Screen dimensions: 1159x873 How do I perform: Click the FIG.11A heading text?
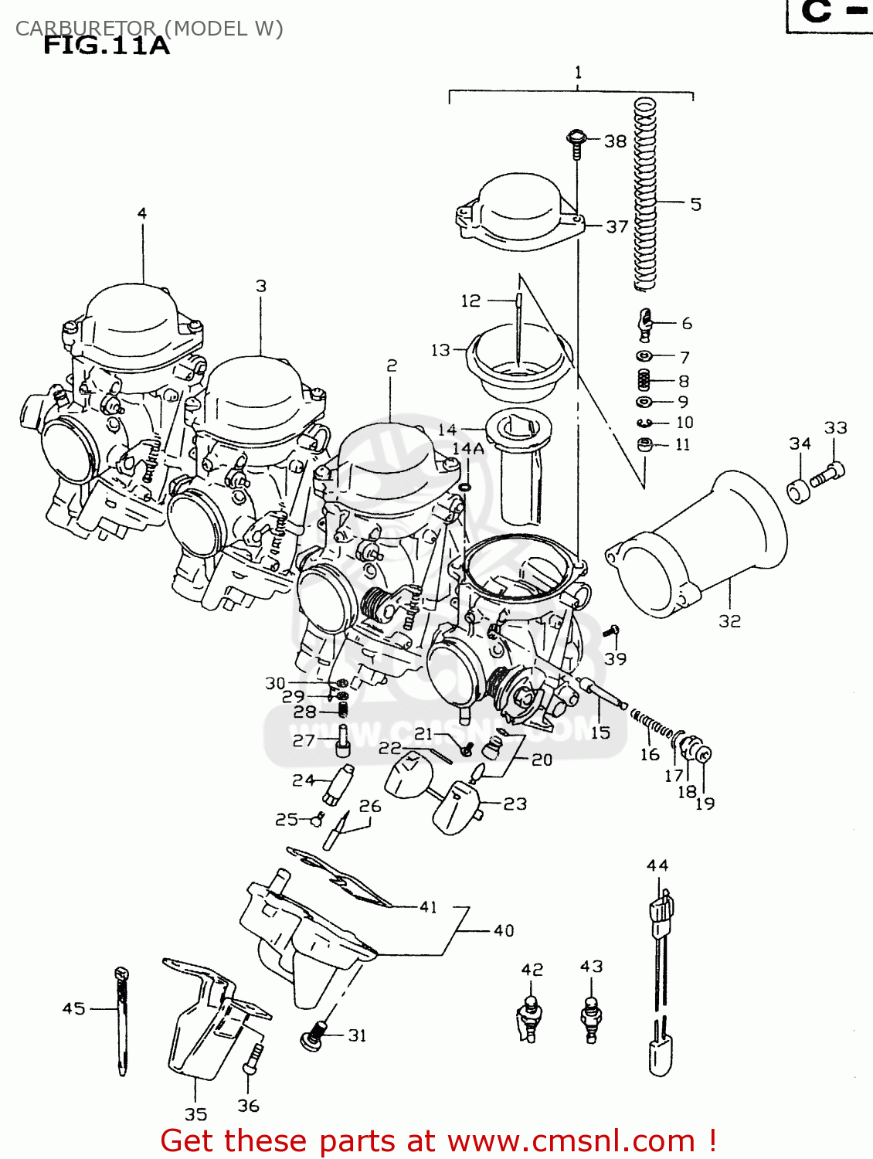[106, 46]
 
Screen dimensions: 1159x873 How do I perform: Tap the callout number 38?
[615, 141]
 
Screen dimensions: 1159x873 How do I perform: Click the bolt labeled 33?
[828, 474]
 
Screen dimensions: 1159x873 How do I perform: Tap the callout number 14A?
[467, 449]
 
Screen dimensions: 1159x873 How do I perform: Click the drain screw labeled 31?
[313, 1036]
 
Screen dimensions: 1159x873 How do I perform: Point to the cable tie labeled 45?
[122, 1020]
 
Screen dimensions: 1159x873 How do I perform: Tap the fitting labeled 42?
[530, 1018]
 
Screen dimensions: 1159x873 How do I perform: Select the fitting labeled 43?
[592, 1018]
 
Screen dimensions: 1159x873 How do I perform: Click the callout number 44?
[657, 865]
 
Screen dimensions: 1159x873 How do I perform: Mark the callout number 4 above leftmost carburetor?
[142, 213]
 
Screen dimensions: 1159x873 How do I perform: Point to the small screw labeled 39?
[613, 632]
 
